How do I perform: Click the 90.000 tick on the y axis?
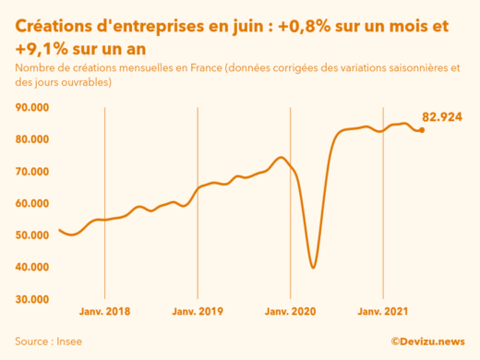(x=34, y=108)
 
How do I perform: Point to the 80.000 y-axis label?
(x=34, y=139)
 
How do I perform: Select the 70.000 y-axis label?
(x=34, y=172)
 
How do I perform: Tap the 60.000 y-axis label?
(x=34, y=203)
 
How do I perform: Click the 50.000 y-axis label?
(x=34, y=235)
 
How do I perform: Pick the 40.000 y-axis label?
(x=34, y=268)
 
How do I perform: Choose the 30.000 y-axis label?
(x=34, y=299)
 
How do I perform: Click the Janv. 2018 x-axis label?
(x=104, y=311)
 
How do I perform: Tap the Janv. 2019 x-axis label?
(x=198, y=311)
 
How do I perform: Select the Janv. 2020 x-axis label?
(x=290, y=311)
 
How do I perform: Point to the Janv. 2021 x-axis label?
(x=383, y=311)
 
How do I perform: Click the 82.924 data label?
(x=442, y=117)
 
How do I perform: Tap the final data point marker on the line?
(x=422, y=130)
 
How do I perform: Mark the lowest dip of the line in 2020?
(x=314, y=268)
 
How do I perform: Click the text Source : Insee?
(x=47, y=341)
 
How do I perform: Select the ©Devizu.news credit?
(x=426, y=341)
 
